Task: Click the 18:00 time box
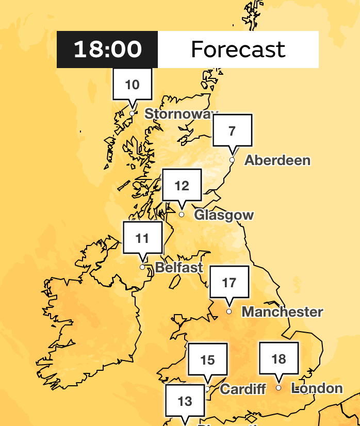click(107, 50)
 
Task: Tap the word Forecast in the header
click(238, 50)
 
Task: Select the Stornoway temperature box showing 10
click(133, 85)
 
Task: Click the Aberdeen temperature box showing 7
click(232, 130)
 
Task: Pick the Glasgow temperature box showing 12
click(182, 185)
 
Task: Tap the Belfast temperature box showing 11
click(142, 238)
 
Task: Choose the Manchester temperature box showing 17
click(229, 283)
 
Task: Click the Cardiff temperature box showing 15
click(207, 359)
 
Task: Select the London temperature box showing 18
click(279, 358)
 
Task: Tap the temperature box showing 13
click(185, 401)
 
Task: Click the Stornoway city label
click(181, 113)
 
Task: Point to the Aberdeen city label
click(277, 160)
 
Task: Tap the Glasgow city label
click(224, 215)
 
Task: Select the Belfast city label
click(179, 268)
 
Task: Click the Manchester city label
click(282, 312)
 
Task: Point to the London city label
click(317, 388)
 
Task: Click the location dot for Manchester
click(229, 312)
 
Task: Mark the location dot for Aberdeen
click(232, 160)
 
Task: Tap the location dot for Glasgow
click(182, 215)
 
